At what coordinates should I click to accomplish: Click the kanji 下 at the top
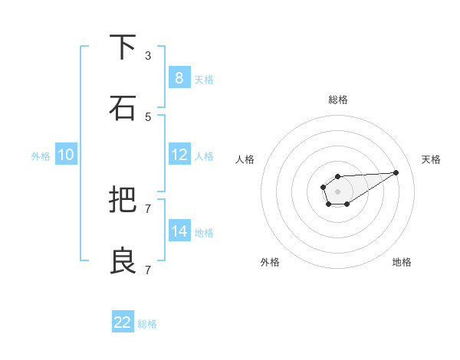[x=123, y=47]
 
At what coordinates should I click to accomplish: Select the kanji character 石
[x=123, y=108]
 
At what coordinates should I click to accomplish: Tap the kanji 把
[x=123, y=200]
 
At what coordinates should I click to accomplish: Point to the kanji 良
[x=123, y=261]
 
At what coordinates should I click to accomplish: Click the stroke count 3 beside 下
[x=148, y=55]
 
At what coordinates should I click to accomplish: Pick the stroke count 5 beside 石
[x=148, y=116]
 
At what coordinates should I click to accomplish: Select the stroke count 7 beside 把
[x=148, y=208]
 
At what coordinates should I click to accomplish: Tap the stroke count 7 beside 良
[x=148, y=270]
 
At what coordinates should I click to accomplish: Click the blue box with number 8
[x=179, y=77]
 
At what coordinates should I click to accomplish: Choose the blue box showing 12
[x=179, y=155]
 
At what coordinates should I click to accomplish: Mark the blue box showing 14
[x=179, y=231]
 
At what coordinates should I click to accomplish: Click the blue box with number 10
[x=66, y=155]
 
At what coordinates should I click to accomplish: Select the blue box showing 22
[x=123, y=322]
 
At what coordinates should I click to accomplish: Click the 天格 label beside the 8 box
[x=204, y=79]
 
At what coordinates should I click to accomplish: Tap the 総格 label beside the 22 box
[x=147, y=324]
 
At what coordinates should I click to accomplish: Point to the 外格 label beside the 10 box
[x=41, y=156]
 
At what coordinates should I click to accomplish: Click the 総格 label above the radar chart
[x=338, y=100]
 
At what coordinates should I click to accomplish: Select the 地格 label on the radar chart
[x=402, y=262]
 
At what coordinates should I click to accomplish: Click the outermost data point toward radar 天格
[x=396, y=172]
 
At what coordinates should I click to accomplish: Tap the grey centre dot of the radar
[x=337, y=190]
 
